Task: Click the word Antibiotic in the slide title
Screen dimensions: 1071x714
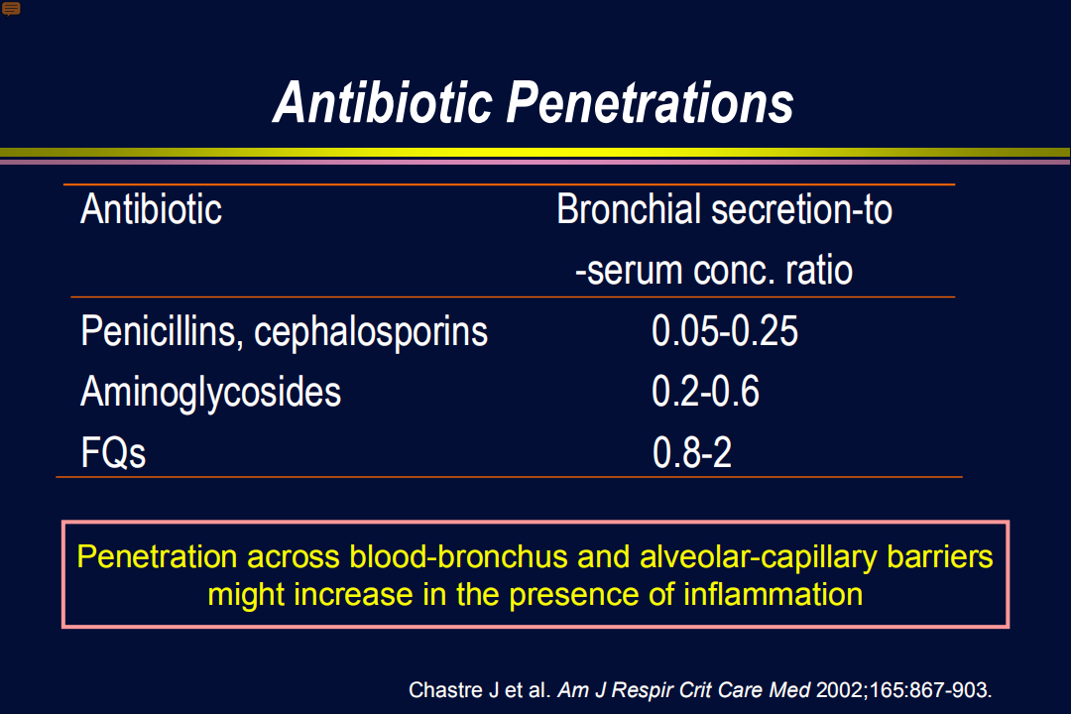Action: (383, 102)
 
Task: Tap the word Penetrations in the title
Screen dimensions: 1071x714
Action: (650, 102)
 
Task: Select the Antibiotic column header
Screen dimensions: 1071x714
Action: (151, 208)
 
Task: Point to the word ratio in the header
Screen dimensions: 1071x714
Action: (819, 271)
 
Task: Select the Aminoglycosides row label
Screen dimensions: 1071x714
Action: (210, 393)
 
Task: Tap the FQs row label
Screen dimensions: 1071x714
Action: (113, 452)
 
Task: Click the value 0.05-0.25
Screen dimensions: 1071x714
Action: (725, 331)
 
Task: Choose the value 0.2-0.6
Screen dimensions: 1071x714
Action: (706, 392)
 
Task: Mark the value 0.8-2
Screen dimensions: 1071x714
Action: (692, 452)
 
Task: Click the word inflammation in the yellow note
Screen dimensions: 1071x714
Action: (773, 594)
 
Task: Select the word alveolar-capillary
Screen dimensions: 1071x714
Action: (759, 557)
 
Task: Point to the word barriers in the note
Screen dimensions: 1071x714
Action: (940, 557)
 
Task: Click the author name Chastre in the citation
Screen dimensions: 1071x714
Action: (445, 690)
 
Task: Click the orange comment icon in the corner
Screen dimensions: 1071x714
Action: (11, 9)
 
